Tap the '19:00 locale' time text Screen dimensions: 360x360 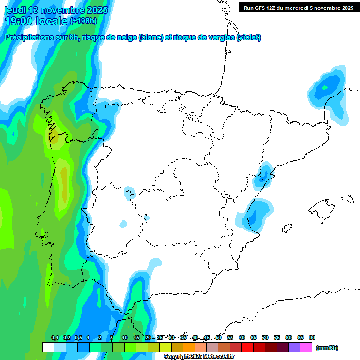tap(36, 21)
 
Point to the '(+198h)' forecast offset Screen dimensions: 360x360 tap(83, 21)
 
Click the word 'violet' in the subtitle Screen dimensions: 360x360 tap(248, 37)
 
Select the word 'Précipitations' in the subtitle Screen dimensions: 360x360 tap(28, 37)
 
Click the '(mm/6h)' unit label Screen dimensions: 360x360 tap(327, 348)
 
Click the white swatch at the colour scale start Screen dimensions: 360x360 tap(48, 347)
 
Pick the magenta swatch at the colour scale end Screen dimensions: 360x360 tap(306, 347)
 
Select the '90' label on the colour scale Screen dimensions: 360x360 tap(312, 337)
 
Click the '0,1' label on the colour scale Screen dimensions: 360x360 tap(55, 337)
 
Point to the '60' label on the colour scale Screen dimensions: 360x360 tap(242, 337)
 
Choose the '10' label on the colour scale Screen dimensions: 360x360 tap(125, 337)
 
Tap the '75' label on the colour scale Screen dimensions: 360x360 tap(277, 337)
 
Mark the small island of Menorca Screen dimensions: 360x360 tap(347, 199)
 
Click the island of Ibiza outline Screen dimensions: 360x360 tap(287, 228)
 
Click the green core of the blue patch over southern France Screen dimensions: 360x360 tap(325, 87)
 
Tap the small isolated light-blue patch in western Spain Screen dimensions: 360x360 tap(123, 224)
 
